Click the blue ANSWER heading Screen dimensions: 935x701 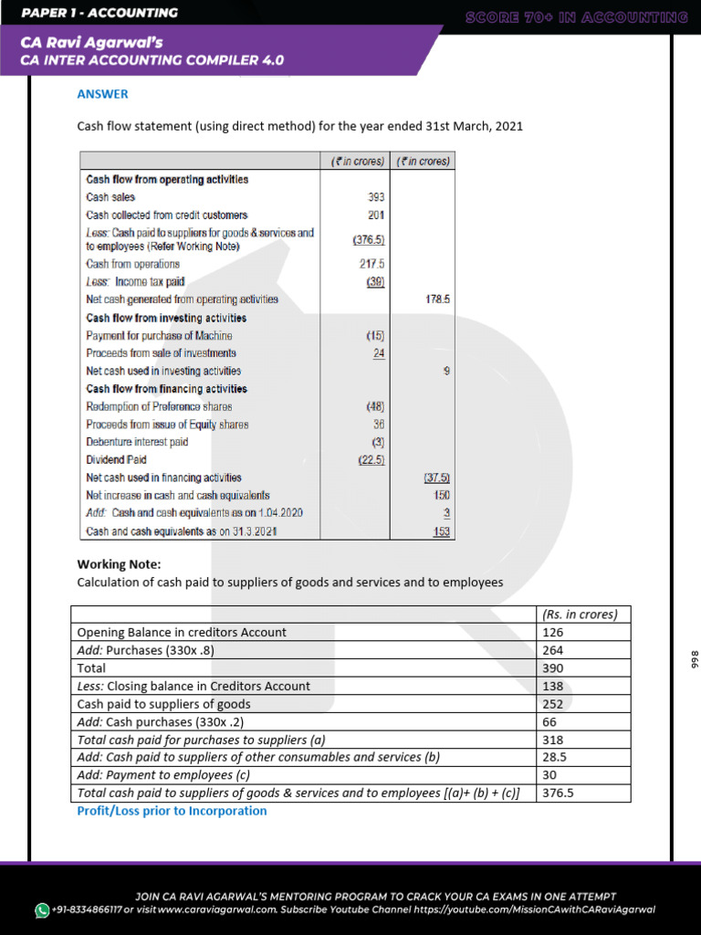coord(102,94)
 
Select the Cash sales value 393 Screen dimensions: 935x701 coord(375,197)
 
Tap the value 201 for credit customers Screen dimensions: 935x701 coord(376,215)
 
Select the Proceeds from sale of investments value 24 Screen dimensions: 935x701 coord(378,353)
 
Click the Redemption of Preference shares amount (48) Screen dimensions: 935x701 coord(375,406)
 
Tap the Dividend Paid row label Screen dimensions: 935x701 coord(116,460)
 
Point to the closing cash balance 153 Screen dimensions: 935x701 coord(441,531)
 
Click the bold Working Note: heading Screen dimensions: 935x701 coord(119,564)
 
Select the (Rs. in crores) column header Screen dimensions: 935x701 coord(580,615)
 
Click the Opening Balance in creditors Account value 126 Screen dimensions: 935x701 coord(553,632)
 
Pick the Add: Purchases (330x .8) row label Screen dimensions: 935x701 coord(146,650)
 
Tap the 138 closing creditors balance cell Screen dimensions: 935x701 coord(553,686)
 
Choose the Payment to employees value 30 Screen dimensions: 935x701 coord(549,775)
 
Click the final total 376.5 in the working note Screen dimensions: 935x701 coord(558,793)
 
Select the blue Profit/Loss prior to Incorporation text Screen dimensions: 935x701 coord(172,811)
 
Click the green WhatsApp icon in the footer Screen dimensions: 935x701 coord(42,910)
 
